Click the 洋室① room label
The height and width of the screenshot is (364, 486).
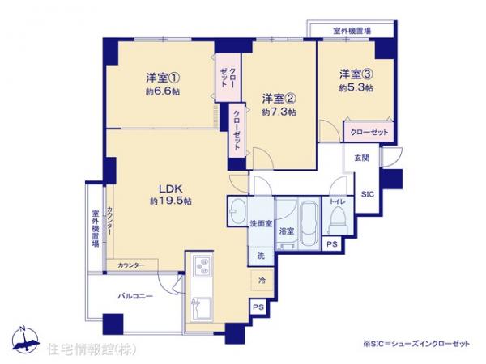pyautogui.click(x=163, y=78)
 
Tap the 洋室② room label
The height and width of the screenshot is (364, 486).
pyautogui.click(x=278, y=98)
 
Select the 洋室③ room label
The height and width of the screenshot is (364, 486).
pyautogui.click(x=356, y=73)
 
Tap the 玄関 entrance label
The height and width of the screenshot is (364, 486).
pyautogui.click(x=361, y=159)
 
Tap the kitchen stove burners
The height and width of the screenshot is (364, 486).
pyautogui.click(x=200, y=266)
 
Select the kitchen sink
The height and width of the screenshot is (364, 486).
pyautogui.click(x=200, y=309)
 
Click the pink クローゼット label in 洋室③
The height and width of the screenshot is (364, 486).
pyautogui.click(x=369, y=132)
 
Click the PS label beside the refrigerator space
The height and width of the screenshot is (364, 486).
pyautogui.click(x=258, y=307)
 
